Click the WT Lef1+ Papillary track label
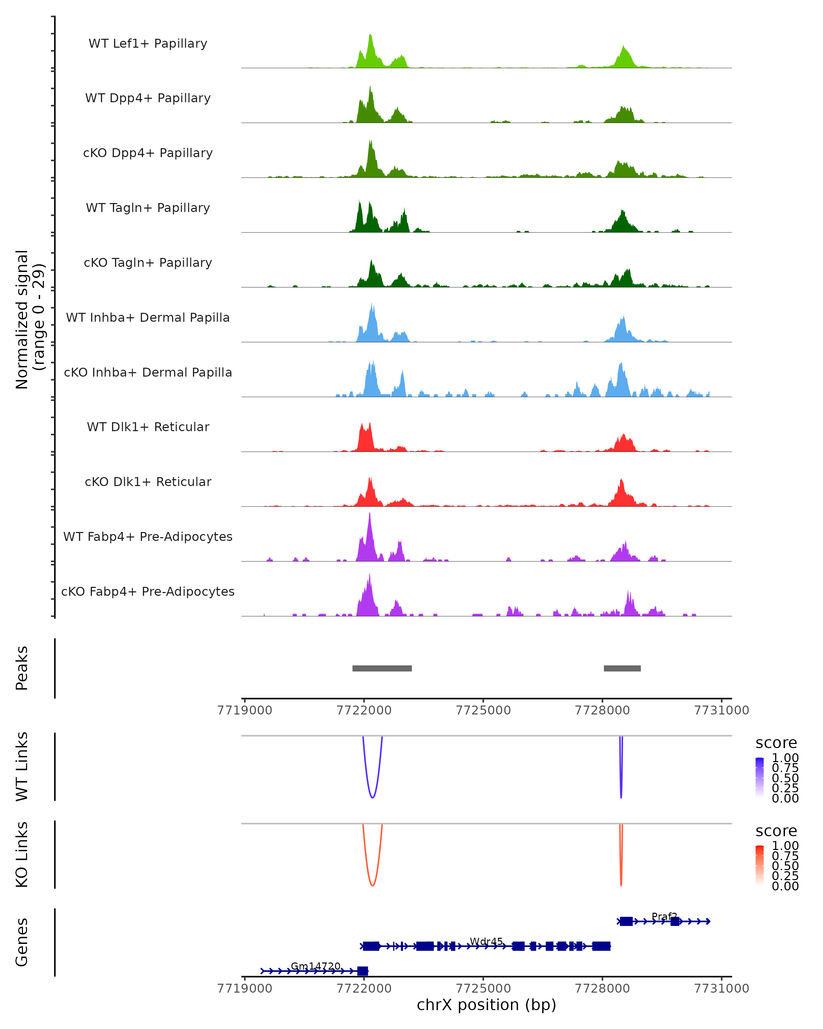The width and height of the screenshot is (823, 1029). point(148,44)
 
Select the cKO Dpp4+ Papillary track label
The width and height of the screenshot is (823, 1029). point(148,153)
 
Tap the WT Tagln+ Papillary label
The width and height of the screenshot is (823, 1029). point(148,208)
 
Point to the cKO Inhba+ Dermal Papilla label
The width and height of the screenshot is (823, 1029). point(148,372)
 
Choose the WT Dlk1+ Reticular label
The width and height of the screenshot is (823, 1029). point(148,427)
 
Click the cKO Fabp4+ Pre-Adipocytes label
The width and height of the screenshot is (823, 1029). point(148,591)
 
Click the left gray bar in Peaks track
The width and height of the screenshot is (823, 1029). point(382,668)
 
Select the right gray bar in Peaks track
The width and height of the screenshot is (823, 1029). point(622,668)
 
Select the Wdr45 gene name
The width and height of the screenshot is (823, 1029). point(486,941)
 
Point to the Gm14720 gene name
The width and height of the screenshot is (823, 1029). point(315,966)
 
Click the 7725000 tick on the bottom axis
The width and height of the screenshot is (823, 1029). point(483,988)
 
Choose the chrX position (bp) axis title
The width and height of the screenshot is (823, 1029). point(486,1005)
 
